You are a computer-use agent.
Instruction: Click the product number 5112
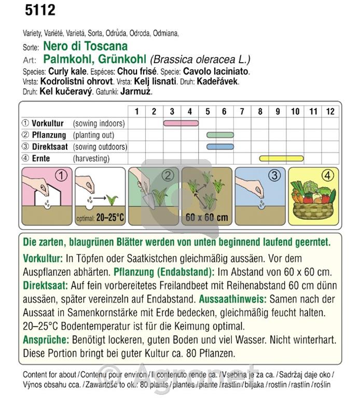coord(39,10)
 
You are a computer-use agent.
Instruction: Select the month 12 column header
coord(330,111)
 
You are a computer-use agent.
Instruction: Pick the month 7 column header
coord(242,111)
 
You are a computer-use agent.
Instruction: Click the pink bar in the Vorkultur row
coord(181,123)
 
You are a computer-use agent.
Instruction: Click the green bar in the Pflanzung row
coord(220,135)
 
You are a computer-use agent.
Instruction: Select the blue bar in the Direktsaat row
coord(220,147)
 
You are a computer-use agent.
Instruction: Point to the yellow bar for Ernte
coord(285,158)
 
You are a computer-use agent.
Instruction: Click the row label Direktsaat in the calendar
coord(50,147)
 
